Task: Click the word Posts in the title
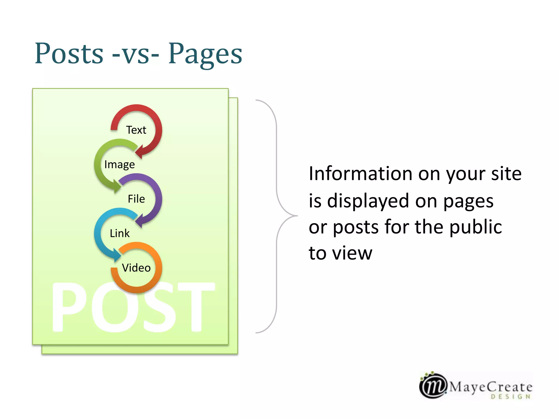coord(69,53)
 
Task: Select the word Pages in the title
coord(205,54)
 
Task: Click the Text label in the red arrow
coord(136,130)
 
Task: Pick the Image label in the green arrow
coord(120,164)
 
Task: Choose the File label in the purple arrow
coord(136,199)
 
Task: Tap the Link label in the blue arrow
coord(120,233)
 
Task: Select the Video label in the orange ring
coord(136,268)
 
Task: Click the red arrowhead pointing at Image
coord(139,152)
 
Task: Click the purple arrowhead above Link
coord(139,221)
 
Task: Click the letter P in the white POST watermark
coord(70,307)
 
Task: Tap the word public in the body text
coord(475,227)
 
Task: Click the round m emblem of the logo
coord(433,385)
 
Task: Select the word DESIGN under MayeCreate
coord(511,397)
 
